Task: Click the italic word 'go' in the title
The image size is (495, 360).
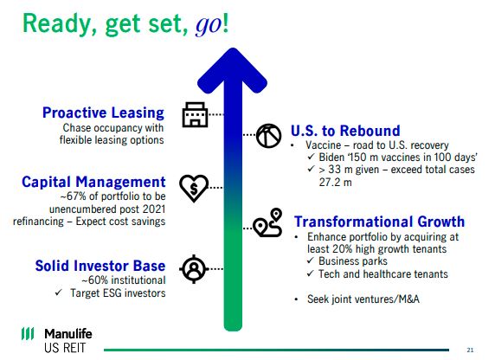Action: coord(209,25)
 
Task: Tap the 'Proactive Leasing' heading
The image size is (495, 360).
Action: coord(103,113)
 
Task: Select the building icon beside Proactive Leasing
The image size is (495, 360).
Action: coord(195,114)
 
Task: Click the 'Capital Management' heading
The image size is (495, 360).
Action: coord(93,182)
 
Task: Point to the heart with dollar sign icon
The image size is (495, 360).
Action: coord(194,188)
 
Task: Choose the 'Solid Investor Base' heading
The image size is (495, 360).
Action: coord(100,266)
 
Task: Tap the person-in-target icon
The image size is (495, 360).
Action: coord(194,269)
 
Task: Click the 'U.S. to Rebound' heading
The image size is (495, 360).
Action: coord(345,131)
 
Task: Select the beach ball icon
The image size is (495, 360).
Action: coord(268,136)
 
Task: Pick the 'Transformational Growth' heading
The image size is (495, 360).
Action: coord(379,222)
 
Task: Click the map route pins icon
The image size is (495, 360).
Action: coord(267,222)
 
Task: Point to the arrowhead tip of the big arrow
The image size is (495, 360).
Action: coord(233,48)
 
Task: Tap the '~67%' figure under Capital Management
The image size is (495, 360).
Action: coord(74,196)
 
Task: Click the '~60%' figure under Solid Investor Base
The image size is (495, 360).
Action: coord(95,280)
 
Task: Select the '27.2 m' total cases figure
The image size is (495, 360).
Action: coord(335,183)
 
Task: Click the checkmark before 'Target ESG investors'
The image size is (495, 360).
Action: coord(59,292)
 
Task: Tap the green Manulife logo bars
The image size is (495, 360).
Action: coord(28,333)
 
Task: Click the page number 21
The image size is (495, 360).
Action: coord(470,350)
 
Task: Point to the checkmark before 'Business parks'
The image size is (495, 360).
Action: coord(311,260)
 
